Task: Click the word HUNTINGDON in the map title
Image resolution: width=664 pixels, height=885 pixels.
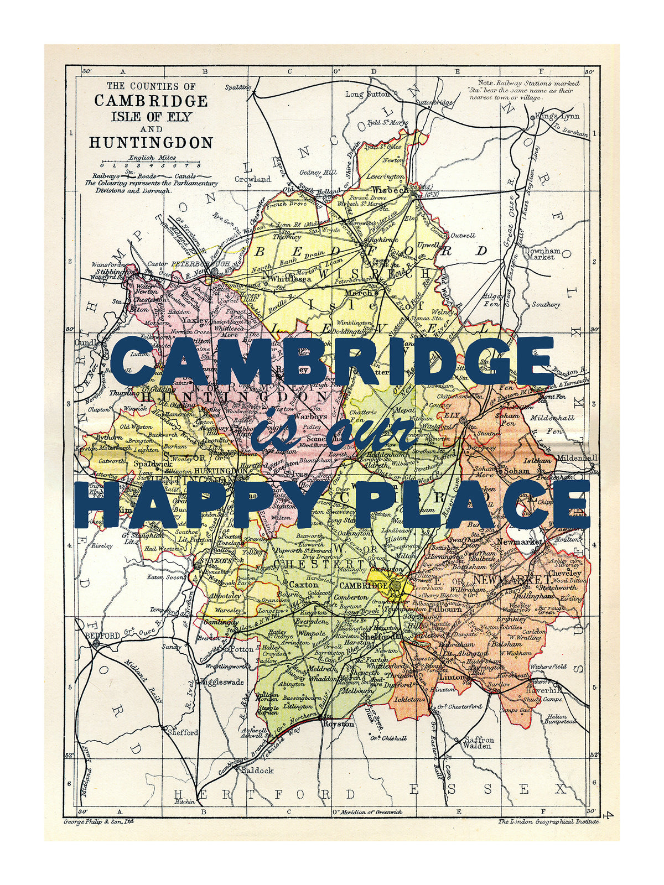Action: [x=151, y=143]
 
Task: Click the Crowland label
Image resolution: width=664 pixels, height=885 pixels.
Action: [x=252, y=179]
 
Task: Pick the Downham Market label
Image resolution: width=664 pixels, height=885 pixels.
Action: [x=542, y=253]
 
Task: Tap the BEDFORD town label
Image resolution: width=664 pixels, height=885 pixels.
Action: [x=102, y=636]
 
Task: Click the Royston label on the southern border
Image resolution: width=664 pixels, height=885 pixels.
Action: [x=338, y=723]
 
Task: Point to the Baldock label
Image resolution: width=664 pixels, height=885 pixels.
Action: [x=257, y=770]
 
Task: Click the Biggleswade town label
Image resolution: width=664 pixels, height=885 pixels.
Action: [x=221, y=682]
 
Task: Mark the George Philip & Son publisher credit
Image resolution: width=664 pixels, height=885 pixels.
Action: [x=98, y=821]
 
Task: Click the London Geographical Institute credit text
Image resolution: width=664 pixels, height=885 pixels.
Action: [x=548, y=822]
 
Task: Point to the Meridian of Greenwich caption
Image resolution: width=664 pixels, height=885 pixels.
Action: [x=367, y=812]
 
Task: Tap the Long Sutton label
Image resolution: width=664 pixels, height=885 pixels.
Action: [x=367, y=94]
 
